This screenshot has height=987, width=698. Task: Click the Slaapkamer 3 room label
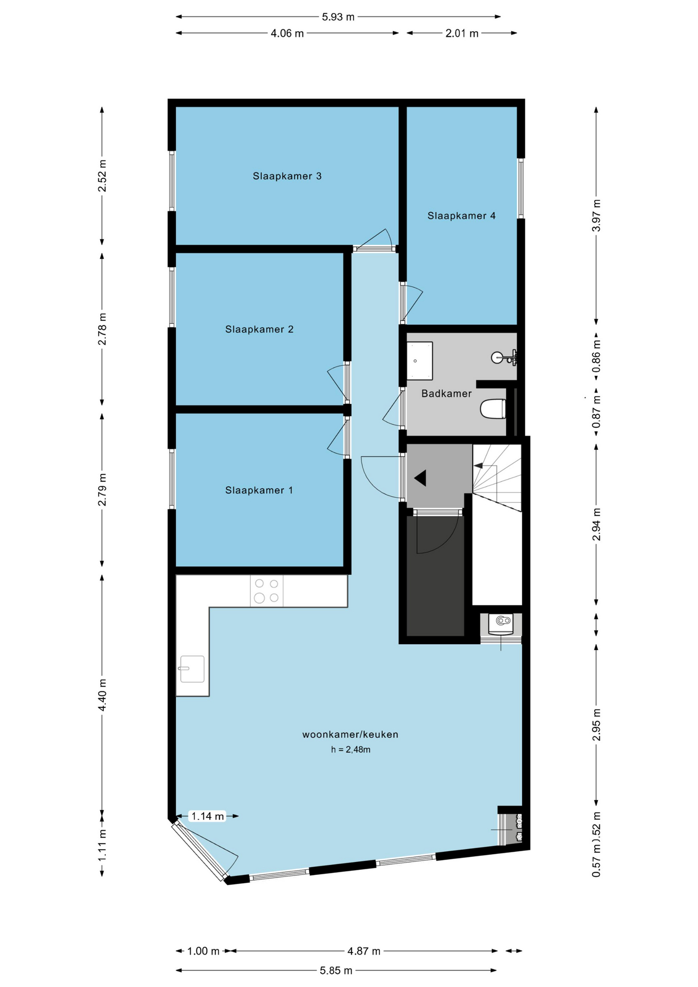(287, 176)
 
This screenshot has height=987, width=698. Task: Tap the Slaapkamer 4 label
(462, 216)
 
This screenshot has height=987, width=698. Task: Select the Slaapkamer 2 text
(259, 330)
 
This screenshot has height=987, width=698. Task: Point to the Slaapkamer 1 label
(259, 490)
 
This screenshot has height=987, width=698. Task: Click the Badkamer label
(446, 394)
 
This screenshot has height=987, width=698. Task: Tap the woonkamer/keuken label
(350, 735)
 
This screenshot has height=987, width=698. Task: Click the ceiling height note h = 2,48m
(351, 750)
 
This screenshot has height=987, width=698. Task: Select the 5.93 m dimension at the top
(338, 17)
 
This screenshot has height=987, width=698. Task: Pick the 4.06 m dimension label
(287, 33)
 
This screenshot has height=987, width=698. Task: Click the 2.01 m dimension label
(462, 33)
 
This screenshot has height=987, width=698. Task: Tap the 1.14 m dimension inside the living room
(208, 816)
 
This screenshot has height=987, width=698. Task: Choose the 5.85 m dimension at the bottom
(336, 971)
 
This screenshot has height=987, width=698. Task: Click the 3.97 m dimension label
(596, 215)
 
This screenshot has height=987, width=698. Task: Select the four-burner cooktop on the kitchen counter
(267, 591)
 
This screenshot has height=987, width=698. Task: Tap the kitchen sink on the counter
(192, 669)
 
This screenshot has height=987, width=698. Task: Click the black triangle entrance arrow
(421, 478)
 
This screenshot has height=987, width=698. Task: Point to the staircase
(497, 478)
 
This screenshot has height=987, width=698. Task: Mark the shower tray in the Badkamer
(419, 361)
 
